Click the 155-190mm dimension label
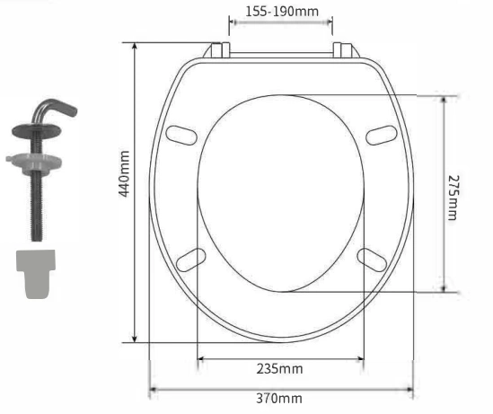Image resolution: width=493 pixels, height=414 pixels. pos(282,12)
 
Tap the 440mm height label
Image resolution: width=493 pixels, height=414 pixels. pos(125,174)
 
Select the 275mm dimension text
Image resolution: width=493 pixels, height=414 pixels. pos(453,198)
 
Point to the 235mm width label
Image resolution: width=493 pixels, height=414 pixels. pos(279,369)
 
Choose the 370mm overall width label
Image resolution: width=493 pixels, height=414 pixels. pos(279,399)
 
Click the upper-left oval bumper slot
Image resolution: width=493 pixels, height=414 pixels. pos(181,136)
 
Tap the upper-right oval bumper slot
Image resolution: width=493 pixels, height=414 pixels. pos(382,136)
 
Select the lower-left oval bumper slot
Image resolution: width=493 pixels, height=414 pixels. pos(191,260)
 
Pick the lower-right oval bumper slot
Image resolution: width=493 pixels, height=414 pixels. pos(372,260)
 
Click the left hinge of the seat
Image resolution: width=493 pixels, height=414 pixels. pos(217,50)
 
